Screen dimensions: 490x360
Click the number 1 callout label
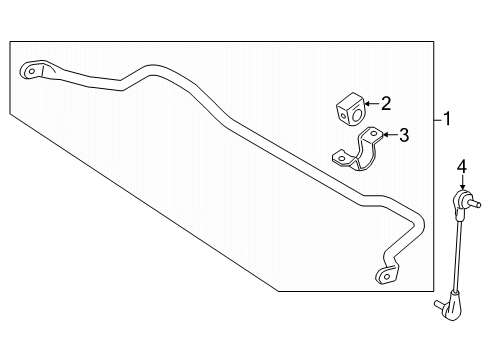[x=448, y=119]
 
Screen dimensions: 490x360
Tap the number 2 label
[x=385, y=102]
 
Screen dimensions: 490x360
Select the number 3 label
[x=404, y=135]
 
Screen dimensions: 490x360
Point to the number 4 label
[x=462, y=166]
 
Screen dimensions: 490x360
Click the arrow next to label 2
[x=369, y=102]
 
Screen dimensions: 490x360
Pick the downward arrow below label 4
[x=462, y=185]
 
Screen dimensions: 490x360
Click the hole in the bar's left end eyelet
[x=31, y=71]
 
